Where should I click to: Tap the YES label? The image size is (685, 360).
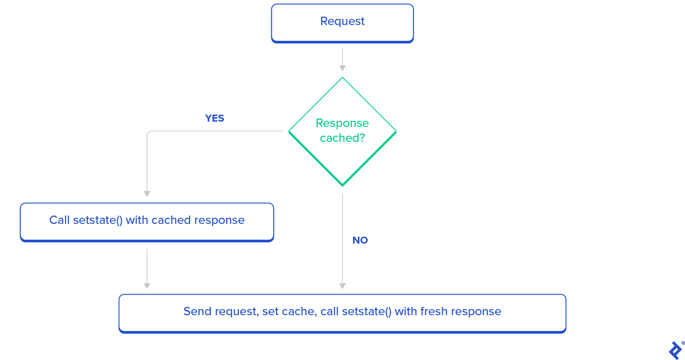(x=214, y=119)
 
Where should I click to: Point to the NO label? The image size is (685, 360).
(x=360, y=241)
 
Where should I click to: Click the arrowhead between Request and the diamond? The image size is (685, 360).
(x=342, y=68)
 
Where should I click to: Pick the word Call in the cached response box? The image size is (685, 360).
(x=59, y=220)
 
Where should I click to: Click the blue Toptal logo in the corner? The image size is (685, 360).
(x=675, y=350)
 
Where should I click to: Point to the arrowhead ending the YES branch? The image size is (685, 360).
(x=147, y=194)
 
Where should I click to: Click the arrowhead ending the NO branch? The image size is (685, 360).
(x=342, y=286)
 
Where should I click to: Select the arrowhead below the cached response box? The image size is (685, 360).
(x=147, y=286)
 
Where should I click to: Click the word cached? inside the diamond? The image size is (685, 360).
(x=342, y=138)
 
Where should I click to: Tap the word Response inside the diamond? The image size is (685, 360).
(x=342, y=123)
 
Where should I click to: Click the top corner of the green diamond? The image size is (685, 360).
(x=342, y=78)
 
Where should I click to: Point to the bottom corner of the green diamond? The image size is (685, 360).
(x=342, y=185)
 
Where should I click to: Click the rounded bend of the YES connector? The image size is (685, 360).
(x=148, y=133)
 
